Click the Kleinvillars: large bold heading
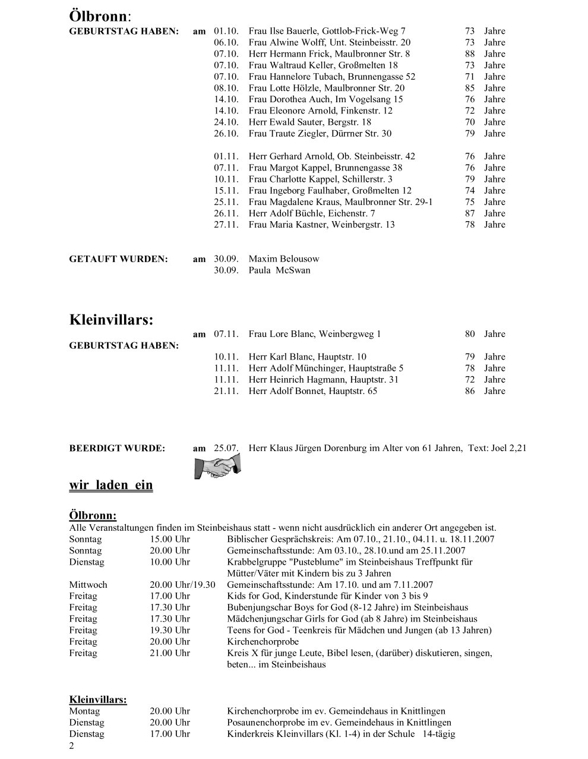pos(111,319)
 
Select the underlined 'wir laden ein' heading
pos(111,485)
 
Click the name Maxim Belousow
pos(284,259)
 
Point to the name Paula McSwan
pos(279,270)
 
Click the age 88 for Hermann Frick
pos(470,54)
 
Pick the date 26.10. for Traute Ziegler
pos(226,134)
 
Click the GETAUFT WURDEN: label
pos(119,259)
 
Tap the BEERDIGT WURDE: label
pos(117,448)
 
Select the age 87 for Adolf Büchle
pos(470,213)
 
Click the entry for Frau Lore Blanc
pos(315,334)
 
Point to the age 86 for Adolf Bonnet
pos(470,391)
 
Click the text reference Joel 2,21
pos(509,448)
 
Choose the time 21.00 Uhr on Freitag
pos(170,653)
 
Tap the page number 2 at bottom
pos(72,746)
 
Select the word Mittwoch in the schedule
pos(88,585)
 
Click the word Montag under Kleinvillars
pos(85,711)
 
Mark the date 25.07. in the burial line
pos(226,448)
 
